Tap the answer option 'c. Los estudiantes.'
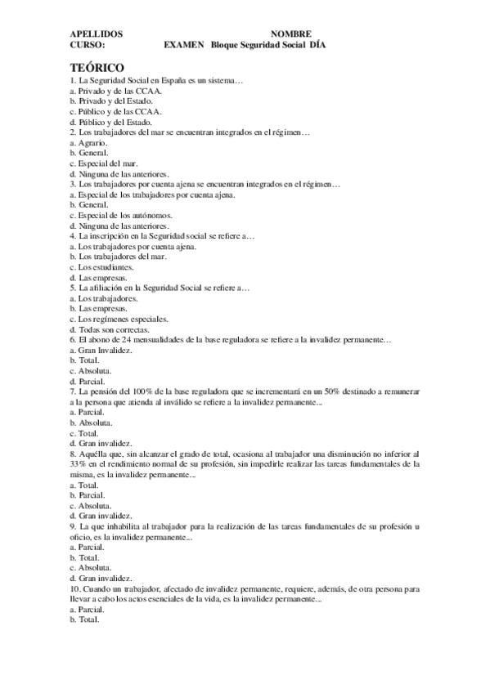click(x=102, y=266)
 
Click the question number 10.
click(x=77, y=588)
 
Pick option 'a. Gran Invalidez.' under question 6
click(x=101, y=350)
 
